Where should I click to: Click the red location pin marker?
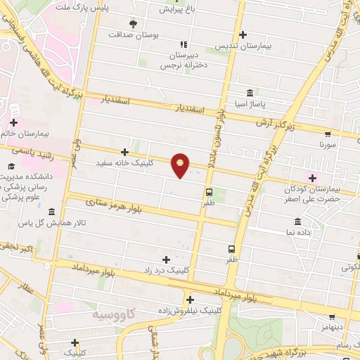[181, 165]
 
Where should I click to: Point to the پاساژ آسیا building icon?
[250, 94]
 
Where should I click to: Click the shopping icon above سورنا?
[328, 133]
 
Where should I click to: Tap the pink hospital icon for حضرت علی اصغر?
[312, 178]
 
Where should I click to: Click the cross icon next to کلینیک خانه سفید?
[124, 152]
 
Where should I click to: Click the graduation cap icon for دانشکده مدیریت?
[11, 166]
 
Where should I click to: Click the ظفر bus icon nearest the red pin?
[209, 191]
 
